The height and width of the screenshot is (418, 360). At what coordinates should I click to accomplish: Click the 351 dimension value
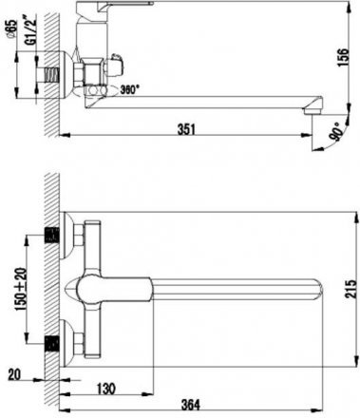click(x=186, y=129)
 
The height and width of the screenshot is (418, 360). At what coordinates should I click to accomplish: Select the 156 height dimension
click(x=343, y=57)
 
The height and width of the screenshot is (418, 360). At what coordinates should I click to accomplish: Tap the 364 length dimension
click(x=190, y=405)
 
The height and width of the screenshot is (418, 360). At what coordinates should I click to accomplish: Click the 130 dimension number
click(x=105, y=389)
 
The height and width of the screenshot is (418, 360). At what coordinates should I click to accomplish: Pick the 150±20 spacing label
click(x=22, y=290)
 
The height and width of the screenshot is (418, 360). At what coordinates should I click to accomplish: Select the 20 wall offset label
click(x=13, y=375)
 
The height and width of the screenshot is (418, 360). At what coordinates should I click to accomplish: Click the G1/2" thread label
click(x=31, y=32)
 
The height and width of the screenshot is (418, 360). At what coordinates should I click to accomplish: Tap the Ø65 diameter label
click(x=11, y=29)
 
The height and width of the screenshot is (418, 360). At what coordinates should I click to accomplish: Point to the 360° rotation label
click(x=129, y=90)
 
